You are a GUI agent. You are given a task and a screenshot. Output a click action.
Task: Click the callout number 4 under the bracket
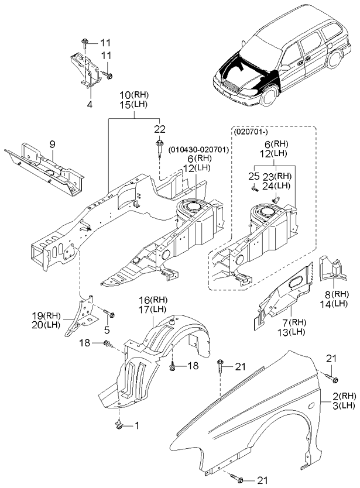[90, 105]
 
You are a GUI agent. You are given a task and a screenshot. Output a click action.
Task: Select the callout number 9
[52, 143]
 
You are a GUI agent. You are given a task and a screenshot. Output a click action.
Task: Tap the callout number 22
[159, 129]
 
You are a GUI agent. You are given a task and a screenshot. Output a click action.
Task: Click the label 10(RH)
[133, 94]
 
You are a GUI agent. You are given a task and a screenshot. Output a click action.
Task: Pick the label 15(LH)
[133, 104]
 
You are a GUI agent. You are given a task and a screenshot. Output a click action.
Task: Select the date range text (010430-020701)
[198, 150]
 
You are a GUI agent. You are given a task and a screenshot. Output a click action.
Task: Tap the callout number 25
[253, 176]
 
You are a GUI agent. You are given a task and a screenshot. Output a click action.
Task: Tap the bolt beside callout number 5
[109, 316]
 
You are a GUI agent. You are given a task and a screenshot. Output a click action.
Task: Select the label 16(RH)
[154, 299]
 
